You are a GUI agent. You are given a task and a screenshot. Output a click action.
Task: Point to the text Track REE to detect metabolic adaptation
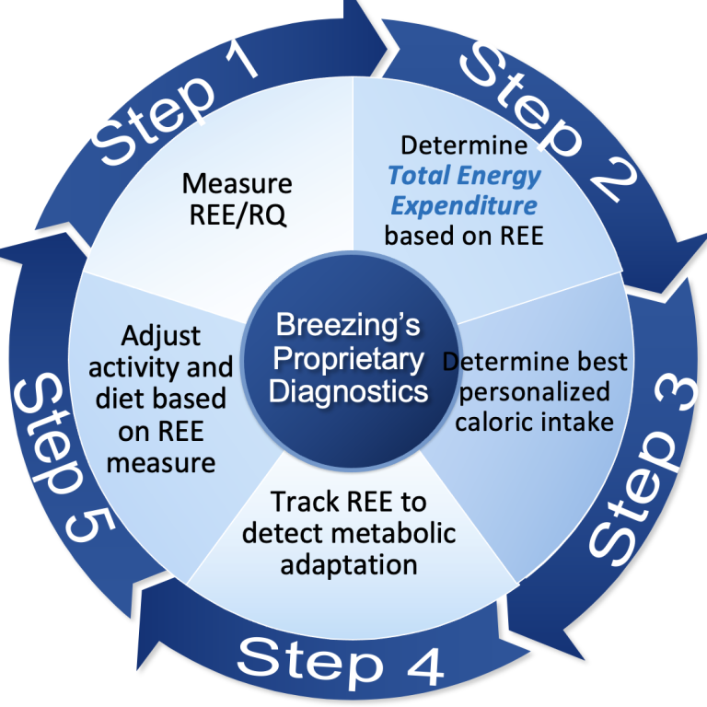coord(350,534)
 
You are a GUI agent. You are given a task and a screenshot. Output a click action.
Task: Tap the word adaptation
coord(350,563)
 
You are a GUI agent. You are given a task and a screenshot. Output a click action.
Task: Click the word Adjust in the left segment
coord(160,336)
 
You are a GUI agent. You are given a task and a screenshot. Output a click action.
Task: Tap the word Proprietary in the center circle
coord(349,358)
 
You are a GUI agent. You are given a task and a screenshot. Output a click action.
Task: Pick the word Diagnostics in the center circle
coord(349,390)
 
